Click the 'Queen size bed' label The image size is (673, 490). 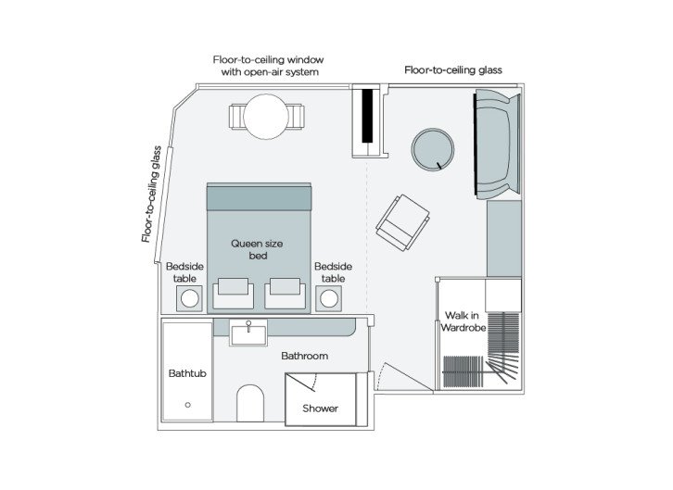257,249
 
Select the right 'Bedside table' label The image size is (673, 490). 333,272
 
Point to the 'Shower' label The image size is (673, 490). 320,408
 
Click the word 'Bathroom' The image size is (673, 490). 305,356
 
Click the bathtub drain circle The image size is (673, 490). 188,405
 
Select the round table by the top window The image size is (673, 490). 266,118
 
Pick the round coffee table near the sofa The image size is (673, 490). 433,149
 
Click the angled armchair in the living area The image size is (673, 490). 403,221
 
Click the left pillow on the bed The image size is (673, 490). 233,294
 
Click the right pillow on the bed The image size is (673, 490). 285,294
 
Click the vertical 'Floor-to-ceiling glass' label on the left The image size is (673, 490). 154,195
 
